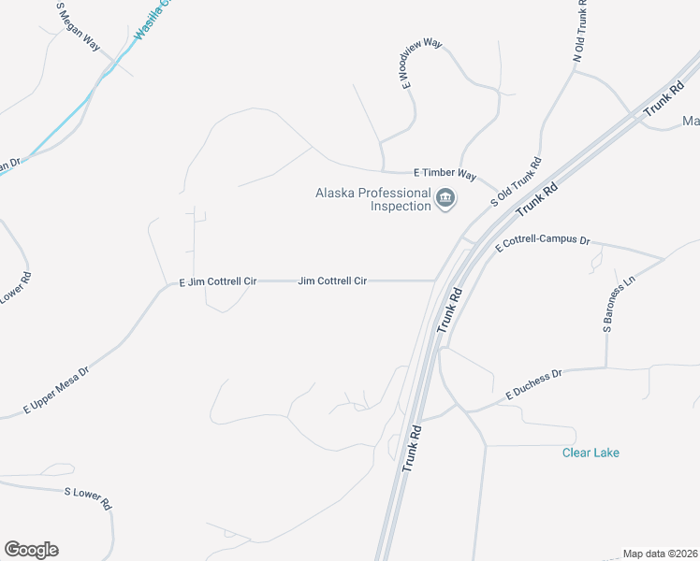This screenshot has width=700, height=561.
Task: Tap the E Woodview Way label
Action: (421, 64)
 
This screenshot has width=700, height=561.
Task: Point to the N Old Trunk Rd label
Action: (581, 33)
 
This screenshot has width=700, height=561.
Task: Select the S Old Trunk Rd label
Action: (517, 181)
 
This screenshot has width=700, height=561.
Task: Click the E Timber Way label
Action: (445, 174)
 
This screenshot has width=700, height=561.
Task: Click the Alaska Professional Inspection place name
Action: (372, 199)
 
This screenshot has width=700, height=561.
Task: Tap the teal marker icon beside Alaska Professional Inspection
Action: (445, 198)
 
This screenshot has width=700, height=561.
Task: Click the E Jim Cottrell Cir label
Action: (217, 280)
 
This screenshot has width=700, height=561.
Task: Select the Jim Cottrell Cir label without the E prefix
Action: (331, 280)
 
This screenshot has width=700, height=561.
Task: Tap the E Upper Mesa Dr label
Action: (56, 391)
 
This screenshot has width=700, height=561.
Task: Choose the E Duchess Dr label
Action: (533, 384)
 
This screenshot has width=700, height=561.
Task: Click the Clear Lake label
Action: (591, 453)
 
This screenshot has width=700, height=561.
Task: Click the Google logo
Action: (31, 550)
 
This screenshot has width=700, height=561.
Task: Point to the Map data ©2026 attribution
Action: (661, 554)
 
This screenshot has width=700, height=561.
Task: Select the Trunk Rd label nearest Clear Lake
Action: (413, 449)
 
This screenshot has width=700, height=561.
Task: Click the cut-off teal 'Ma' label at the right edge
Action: (691, 121)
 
